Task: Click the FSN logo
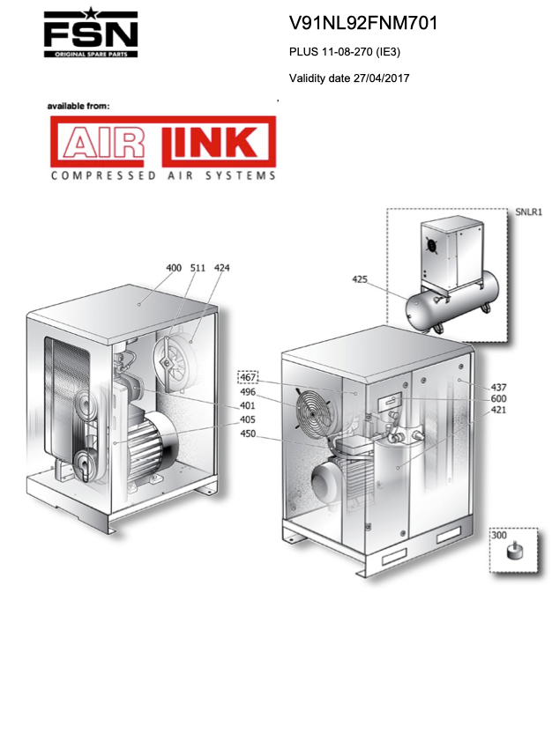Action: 91,33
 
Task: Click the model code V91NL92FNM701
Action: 363,23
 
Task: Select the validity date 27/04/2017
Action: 382,78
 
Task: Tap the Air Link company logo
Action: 163,148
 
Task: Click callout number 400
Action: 174,268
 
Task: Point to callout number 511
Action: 198,268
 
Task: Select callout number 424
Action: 221,268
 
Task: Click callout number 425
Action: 360,279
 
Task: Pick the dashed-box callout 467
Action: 248,377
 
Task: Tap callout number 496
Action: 248,392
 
